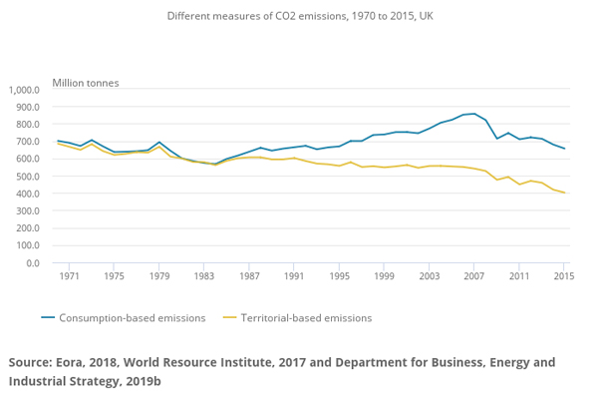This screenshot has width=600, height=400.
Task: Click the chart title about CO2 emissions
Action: pyautogui.click(x=300, y=17)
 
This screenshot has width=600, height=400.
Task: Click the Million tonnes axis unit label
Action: pyautogui.click(x=86, y=82)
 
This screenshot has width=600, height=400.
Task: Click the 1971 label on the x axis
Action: pyautogui.click(x=70, y=277)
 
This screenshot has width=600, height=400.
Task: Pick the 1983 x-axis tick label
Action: pyautogui.click(x=203, y=277)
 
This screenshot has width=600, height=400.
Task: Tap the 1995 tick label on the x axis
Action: pyautogui.click(x=339, y=277)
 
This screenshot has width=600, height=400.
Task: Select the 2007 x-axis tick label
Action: pyautogui.click(x=474, y=277)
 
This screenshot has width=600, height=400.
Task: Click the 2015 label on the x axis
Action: pyautogui.click(x=564, y=277)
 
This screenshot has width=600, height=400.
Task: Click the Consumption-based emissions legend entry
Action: pyautogui.click(x=124, y=318)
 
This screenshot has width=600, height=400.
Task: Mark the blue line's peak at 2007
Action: pyautogui.click(x=474, y=114)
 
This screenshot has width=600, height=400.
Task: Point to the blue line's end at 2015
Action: pyautogui.click(x=564, y=149)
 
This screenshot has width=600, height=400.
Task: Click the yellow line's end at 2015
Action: pyautogui.click(x=564, y=193)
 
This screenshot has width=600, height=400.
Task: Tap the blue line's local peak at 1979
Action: pyautogui.click(x=159, y=142)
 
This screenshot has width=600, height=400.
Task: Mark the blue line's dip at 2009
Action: pyautogui.click(x=497, y=139)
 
